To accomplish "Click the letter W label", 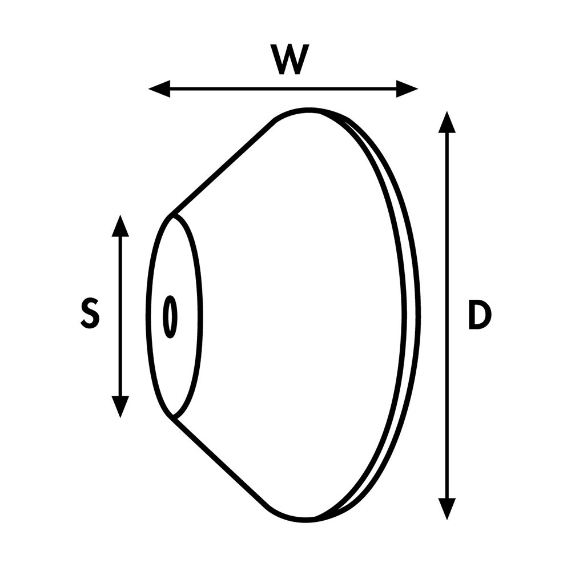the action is tap(290, 59).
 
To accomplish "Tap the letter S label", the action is tap(90, 313).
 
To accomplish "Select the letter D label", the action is tap(480, 315).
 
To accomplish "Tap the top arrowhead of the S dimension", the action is tap(120, 226).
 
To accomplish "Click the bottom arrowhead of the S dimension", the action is tap(120, 407).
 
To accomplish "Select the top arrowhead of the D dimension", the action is tap(447, 122).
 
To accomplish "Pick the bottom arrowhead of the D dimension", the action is tap(447, 509).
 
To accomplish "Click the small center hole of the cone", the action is tap(170, 316).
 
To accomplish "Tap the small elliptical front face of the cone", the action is tap(174, 316).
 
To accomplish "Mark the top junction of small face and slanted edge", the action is tap(171, 216).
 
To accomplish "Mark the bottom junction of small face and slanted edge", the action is tap(172, 416).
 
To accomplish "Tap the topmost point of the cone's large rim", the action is tap(308, 109).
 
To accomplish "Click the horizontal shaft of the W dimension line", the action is tap(283, 89).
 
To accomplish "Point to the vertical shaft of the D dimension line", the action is tap(447, 315).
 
